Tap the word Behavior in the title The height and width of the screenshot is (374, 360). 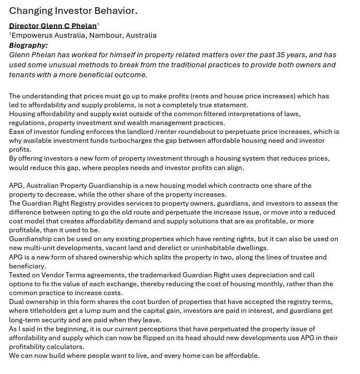(x=114, y=11)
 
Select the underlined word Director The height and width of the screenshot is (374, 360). (x=24, y=26)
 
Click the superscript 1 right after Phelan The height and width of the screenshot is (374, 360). (x=98, y=24)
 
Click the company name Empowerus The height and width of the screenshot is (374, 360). (x=31, y=35)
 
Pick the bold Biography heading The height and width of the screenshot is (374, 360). (x=28, y=45)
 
